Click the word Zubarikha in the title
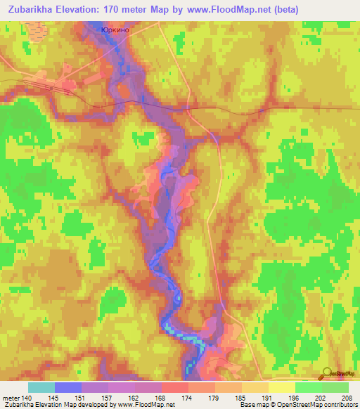click(35, 10)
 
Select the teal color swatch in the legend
click(41, 387)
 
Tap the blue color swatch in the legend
click(68, 387)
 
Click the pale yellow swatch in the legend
click(281, 387)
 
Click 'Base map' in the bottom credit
click(252, 405)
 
